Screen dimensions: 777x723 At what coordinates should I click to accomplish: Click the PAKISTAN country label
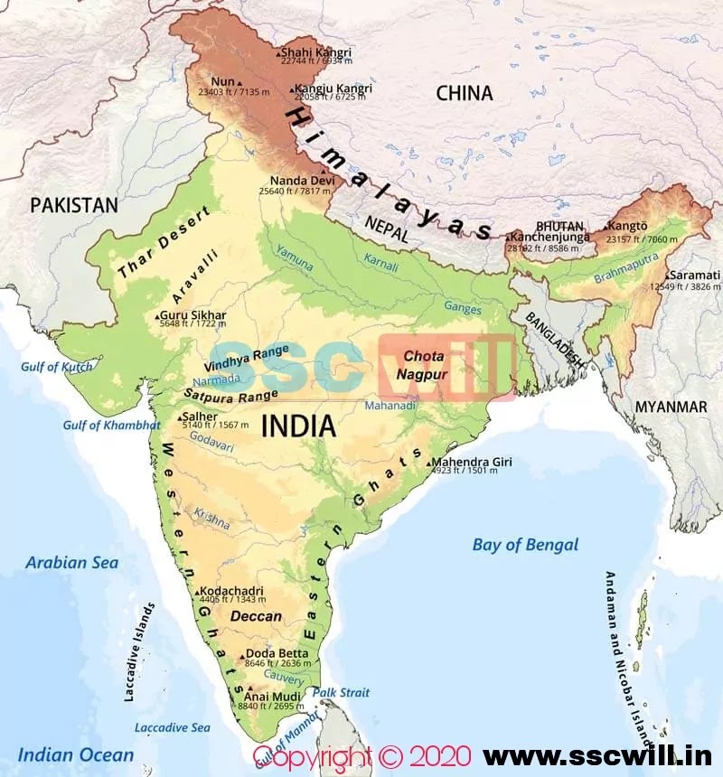click(74, 205)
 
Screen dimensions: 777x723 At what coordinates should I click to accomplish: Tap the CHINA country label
click(465, 93)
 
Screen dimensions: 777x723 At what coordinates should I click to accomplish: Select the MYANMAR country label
click(671, 407)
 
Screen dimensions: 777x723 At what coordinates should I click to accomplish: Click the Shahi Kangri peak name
click(316, 52)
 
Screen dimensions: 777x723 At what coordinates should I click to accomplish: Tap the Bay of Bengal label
click(525, 545)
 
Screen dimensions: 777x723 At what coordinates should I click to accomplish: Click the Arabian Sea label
click(71, 562)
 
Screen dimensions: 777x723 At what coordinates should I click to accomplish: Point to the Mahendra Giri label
click(474, 462)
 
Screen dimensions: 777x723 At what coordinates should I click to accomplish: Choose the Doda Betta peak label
click(277, 653)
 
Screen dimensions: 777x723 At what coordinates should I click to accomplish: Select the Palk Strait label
click(342, 692)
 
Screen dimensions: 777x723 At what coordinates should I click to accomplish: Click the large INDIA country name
click(297, 426)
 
